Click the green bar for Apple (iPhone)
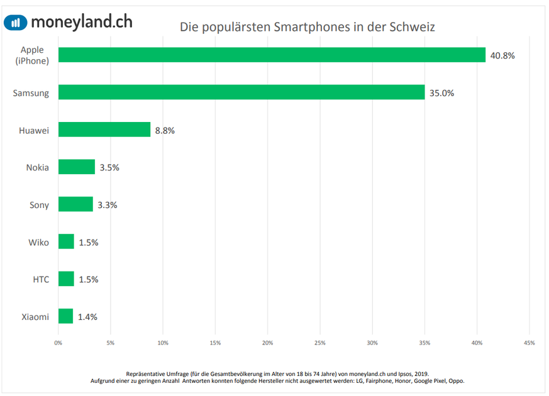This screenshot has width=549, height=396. click(x=272, y=55)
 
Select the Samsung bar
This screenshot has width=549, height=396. click(x=241, y=92)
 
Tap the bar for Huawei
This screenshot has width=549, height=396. click(x=104, y=129)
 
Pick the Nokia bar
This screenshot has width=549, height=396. click(x=77, y=167)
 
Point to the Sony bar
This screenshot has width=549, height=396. click(x=75, y=204)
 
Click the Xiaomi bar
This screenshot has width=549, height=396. click(x=65, y=316)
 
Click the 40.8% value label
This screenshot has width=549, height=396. click(x=502, y=55)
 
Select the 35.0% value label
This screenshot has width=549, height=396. click(x=441, y=93)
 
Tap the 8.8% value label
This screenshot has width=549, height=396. click(x=165, y=130)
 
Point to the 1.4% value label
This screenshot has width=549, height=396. click(x=87, y=317)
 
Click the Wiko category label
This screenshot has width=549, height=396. click(x=38, y=242)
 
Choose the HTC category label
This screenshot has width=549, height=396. click(x=41, y=279)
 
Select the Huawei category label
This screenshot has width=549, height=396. click(x=34, y=130)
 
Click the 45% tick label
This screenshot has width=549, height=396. click(x=529, y=343)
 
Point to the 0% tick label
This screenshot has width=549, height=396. click(x=58, y=343)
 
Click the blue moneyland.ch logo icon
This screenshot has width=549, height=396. click(x=16, y=23)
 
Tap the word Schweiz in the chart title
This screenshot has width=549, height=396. click(x=412, y=27)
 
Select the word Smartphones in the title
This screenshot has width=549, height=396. click(x=314, y=27)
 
